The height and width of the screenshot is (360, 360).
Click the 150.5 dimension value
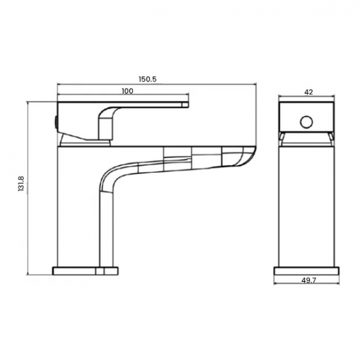point(148,79)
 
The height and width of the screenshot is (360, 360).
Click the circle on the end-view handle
point(306,121)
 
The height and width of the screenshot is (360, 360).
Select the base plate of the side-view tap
point(85,271)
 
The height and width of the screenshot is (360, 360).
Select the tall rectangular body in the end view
point(306,205)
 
